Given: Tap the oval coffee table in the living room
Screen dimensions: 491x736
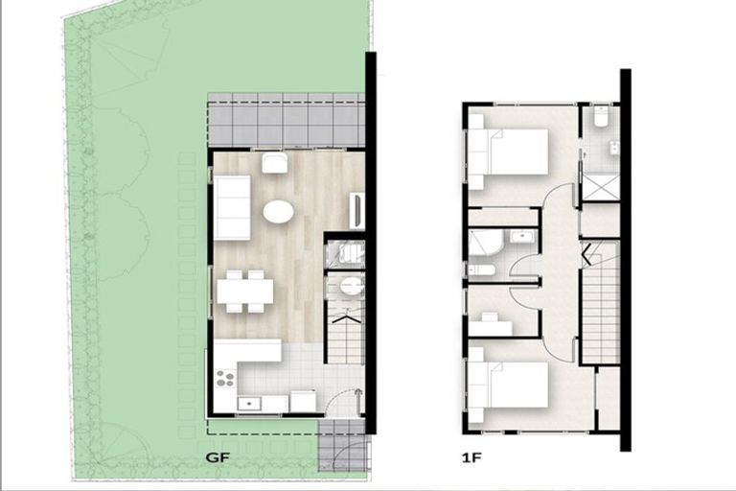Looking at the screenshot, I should pyautogui.click(x=278, y=211).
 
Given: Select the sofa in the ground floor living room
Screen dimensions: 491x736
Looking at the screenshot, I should pyautogui.click(x=231, y=207).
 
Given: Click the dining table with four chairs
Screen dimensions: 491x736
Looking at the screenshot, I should pyautogui.click(x=244, y=292).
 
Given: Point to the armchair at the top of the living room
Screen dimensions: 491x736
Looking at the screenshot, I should pyautogui.click(x=275, y=162).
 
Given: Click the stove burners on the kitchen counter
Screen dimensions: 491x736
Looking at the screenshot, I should pyautogui.click(x=224, y=378).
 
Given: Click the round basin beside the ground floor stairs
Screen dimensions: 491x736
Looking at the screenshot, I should pyautogui.click(x=351, y=286).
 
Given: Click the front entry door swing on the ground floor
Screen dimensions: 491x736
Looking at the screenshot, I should pyautogui.click(x=348, y=401).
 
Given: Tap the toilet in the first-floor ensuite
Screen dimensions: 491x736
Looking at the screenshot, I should pyautogui.click(x=601, y=117).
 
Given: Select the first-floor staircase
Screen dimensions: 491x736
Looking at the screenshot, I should pyautogui.click(x=600, y=302).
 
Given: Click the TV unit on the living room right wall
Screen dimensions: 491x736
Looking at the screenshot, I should pyautogui.click(x=357, y=211).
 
